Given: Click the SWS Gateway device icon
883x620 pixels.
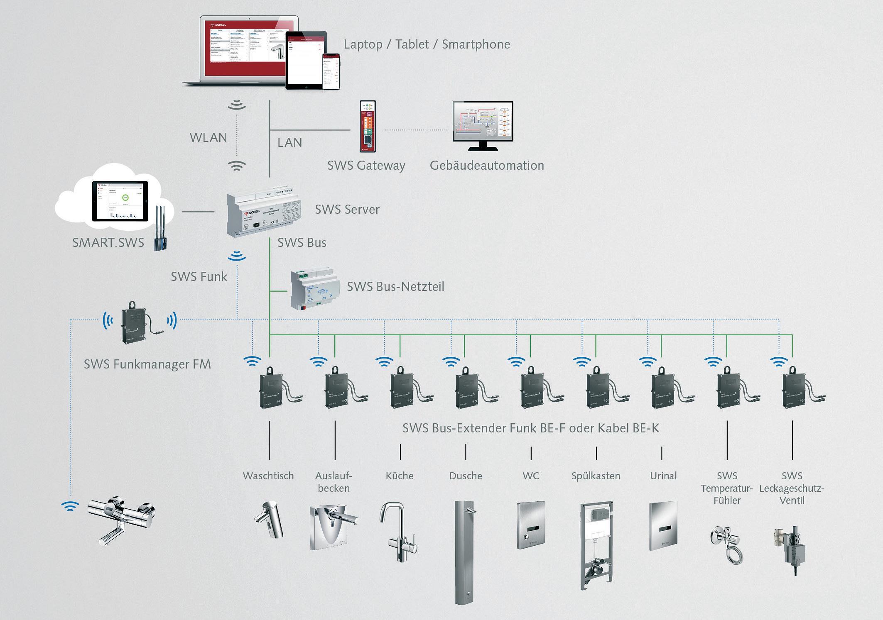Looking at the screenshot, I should point(368,127).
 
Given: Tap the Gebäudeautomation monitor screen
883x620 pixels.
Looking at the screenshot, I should point(483,122).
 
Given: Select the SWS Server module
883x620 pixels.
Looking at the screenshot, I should point(264,214).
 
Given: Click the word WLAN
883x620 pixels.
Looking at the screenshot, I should point(208,137).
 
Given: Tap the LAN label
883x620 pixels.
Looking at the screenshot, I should point(289,142).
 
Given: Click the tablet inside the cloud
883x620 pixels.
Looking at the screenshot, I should point(120,201).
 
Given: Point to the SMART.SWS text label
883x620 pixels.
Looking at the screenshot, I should point(108,242).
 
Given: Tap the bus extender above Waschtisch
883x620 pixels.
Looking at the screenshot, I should point(273,388).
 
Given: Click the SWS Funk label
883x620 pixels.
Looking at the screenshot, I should point(199,276).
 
